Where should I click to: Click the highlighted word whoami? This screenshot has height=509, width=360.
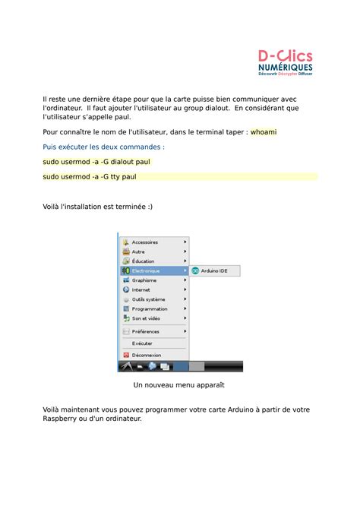[x=264, y=132]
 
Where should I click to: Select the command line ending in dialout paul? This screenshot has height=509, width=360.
[x=96, y=162]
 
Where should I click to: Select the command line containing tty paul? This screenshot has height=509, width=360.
[x=90, y=176]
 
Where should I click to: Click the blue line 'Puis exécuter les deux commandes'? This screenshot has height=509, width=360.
[x=104, y=147]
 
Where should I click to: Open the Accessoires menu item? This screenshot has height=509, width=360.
[x=145, y=242]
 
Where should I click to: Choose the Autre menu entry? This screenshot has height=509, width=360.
[x=138, y=251]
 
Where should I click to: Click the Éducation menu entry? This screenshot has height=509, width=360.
[x=143, y=261]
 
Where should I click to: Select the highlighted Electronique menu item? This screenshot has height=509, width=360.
[x=146, y=270]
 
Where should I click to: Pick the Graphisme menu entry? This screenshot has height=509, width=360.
[x=144, y=280]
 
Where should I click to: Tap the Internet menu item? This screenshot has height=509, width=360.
[x=141, y=289]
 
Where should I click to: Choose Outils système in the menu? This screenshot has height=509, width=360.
[x=148, y=299]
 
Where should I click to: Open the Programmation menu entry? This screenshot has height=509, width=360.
[x=150, y=309]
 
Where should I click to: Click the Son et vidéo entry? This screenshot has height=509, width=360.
[x=146, y=318]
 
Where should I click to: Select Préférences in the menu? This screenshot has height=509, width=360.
[x=146, y=331]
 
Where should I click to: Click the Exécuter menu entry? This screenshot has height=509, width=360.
[x=142, y=343]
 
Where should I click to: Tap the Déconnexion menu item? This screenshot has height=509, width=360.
[x=147, y=355]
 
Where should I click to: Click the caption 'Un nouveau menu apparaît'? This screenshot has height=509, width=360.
[x=179, y=385]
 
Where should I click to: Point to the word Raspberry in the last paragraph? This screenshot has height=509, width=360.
[x=64, y=419]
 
